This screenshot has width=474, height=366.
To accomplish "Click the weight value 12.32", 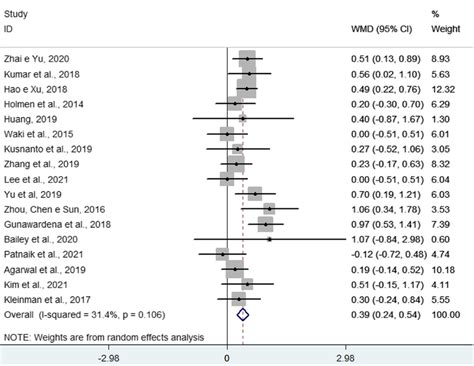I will pos(441,88).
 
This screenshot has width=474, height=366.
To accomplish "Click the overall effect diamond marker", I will pos(242,313).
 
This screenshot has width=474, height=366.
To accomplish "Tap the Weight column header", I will pos(439,28).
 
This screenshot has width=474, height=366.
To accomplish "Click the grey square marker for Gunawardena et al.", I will pos(265,225).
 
